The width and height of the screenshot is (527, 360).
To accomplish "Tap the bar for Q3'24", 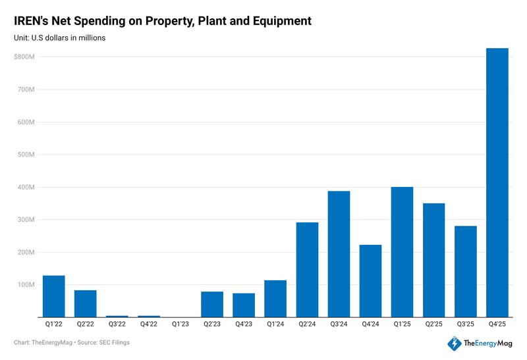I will point(339,254).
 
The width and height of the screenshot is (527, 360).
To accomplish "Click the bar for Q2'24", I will point(307,270).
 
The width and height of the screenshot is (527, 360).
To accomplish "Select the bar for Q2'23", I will point(212,304).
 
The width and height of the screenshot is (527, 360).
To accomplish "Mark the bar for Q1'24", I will point(275,299).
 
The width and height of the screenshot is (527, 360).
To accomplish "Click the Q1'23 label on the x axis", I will point(180,325).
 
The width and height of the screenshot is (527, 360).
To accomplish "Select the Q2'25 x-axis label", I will point(433,325).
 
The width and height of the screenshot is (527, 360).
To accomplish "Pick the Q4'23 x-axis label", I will point(244,325).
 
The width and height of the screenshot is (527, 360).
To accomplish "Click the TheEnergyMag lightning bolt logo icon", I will point(454,344).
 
